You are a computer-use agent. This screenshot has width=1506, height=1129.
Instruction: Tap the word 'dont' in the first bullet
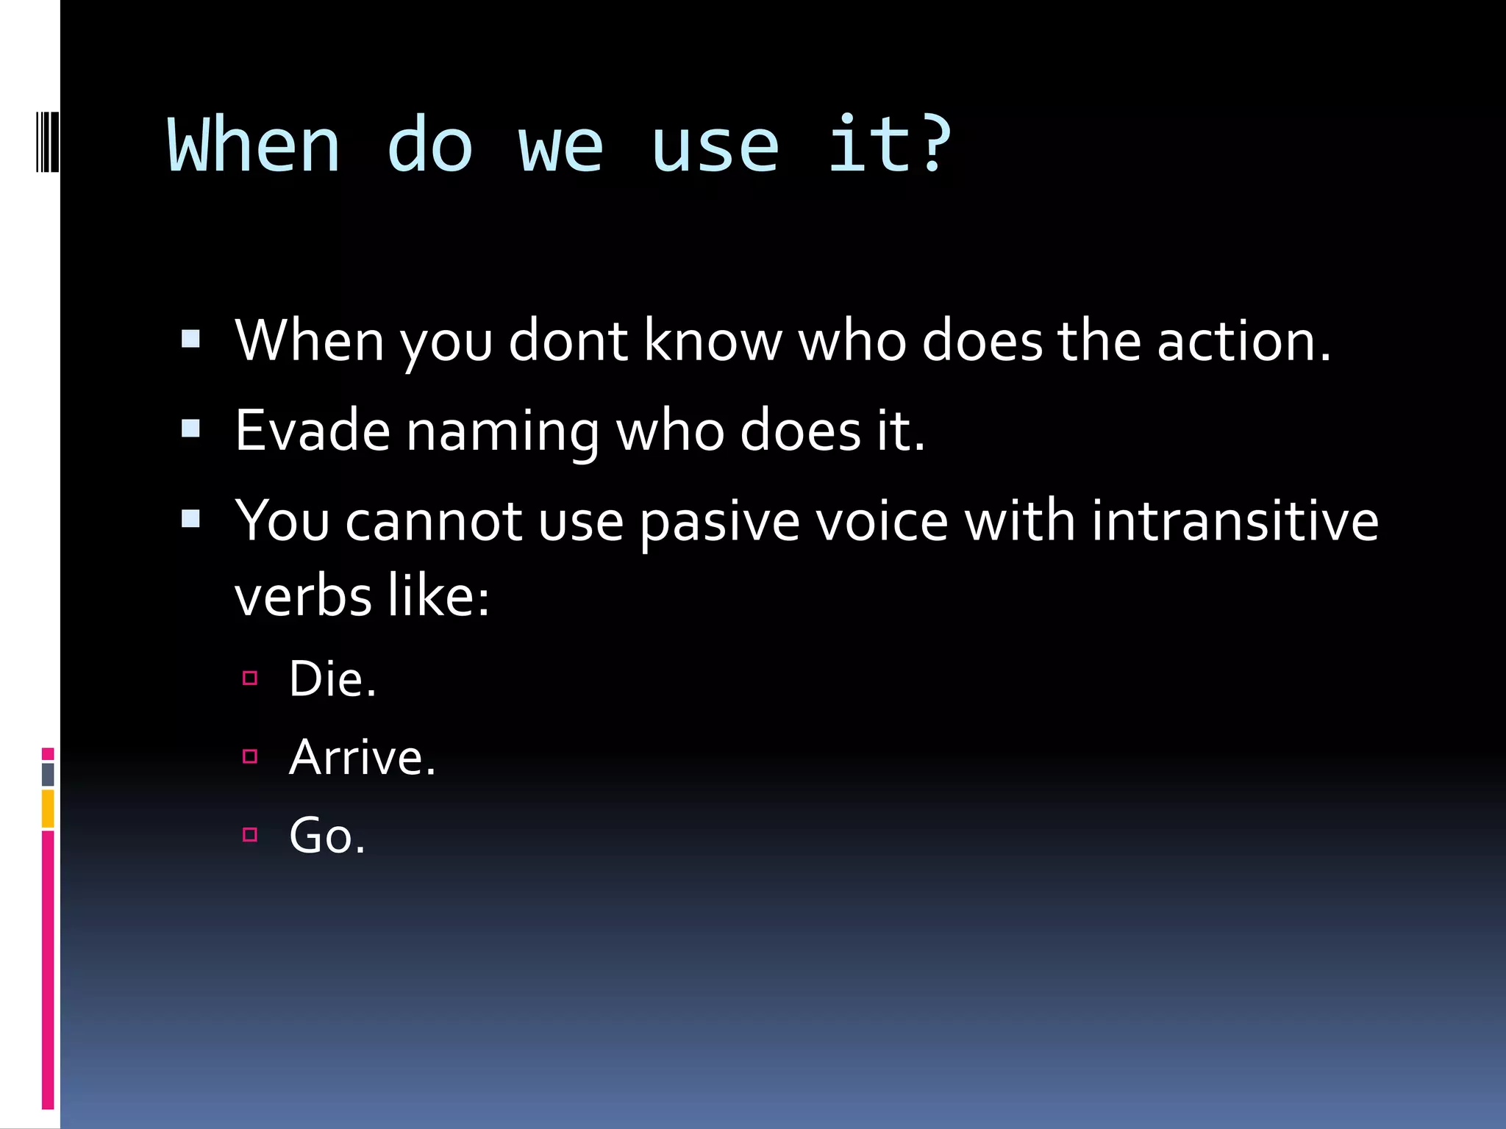click(568, 341)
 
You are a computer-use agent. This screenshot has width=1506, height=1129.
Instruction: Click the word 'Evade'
click(313, 431)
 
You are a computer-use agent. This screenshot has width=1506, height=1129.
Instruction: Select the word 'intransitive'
click(1234, 520)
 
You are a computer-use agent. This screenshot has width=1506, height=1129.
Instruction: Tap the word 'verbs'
click(302, 596)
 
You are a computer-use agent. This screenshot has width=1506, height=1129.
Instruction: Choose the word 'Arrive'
click(356, 757)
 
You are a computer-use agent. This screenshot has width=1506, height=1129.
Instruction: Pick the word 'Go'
click(321, 836)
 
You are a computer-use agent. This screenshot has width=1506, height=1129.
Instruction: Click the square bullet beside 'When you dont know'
click(190, 339)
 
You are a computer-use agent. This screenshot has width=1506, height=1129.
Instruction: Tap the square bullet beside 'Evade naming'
click(190, 429)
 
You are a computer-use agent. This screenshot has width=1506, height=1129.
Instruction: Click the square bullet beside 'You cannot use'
click(190, 519)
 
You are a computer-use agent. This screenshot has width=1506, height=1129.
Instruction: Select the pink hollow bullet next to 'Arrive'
click(250, 756)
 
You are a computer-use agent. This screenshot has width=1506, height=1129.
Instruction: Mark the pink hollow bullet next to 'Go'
click(250, 834)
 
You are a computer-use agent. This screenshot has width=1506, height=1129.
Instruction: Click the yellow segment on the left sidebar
click(48, 809)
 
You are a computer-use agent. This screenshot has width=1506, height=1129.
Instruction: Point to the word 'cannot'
click(434, 522)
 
